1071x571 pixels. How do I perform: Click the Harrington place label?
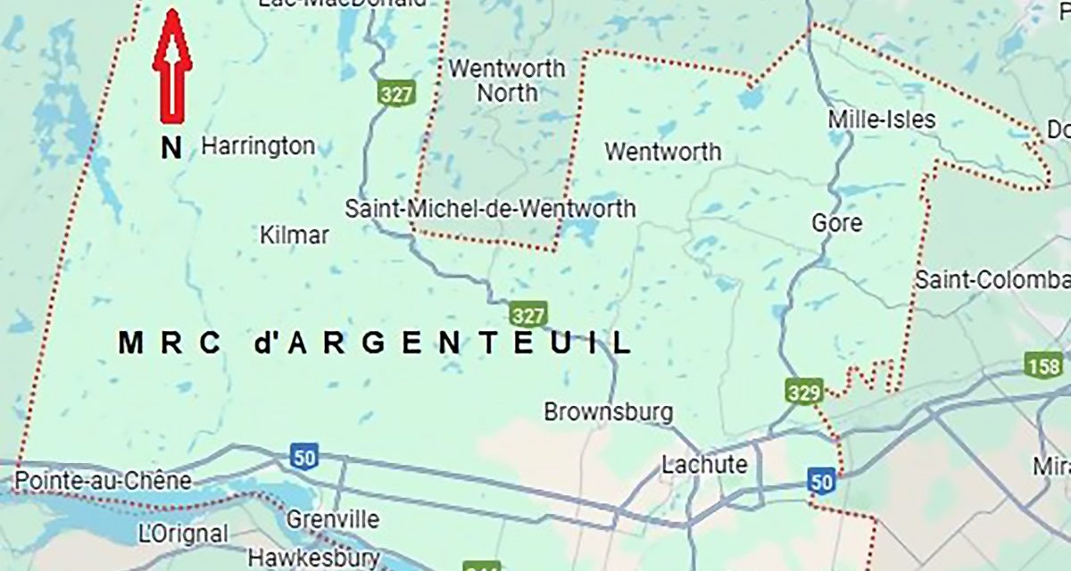pyautogui.click(x=258, y=145)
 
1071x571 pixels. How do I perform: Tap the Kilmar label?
pyautogui.click(x=294, y=236)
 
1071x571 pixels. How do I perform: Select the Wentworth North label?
pyautogui.click(x=508, y=80)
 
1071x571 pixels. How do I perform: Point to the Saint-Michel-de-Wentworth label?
pyautogui.click(x=491, y=209)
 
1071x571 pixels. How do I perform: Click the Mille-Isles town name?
pyautogui.click(x=882, y=120)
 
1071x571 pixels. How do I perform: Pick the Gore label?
pyautogui.click(x=837, y=222)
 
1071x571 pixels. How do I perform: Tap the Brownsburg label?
pyautogui.click(x=609, y=413)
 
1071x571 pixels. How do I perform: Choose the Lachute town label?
pyautogui.click(x=704, y=465)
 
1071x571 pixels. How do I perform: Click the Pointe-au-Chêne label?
pyautogui.click(x=103, y=481)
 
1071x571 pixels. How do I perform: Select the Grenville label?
pyautogui.click(x=333, y=519)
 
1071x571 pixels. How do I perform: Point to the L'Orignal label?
pyautogui.click(x=184, y=534)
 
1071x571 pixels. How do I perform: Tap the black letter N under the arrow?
pyautogui.click(x=171, y=147)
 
